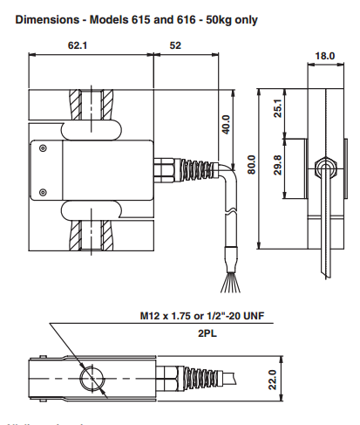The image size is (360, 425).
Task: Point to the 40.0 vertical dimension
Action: [226, 124]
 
